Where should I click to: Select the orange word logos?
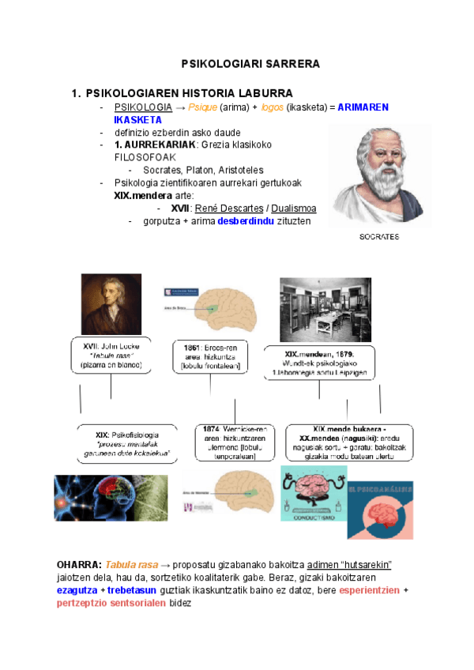pos(273,107)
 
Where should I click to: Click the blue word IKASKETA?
pos(138,119)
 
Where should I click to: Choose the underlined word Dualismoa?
pos(294,209)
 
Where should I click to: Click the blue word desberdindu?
pos(240,221)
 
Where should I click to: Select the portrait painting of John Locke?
pos(111,304)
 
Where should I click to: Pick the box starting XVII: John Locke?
pos(111,356)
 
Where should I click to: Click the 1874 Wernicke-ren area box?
pos(234,443)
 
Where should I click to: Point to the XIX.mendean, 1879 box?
pos(319,363)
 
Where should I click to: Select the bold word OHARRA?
pos(79,565)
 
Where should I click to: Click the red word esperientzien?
pos(369,590)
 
